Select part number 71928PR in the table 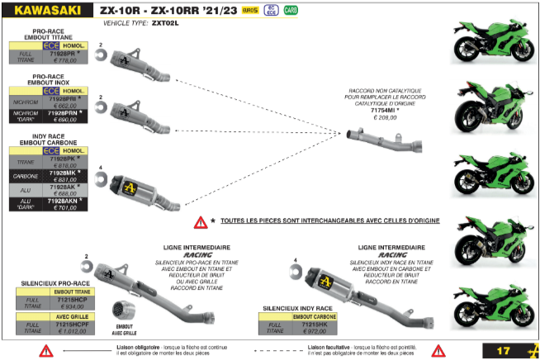(x=68, y=52)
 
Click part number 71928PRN (x=68, y=111)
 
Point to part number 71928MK (x=66, y=171)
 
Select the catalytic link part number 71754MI (x=384, y=110)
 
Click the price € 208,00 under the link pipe (x=385, y=118)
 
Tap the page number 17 (x=504, y=350)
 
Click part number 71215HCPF (x=75, y=324)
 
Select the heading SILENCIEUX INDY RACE (x=294, y=307)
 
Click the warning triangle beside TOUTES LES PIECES (x=200, y=222)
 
